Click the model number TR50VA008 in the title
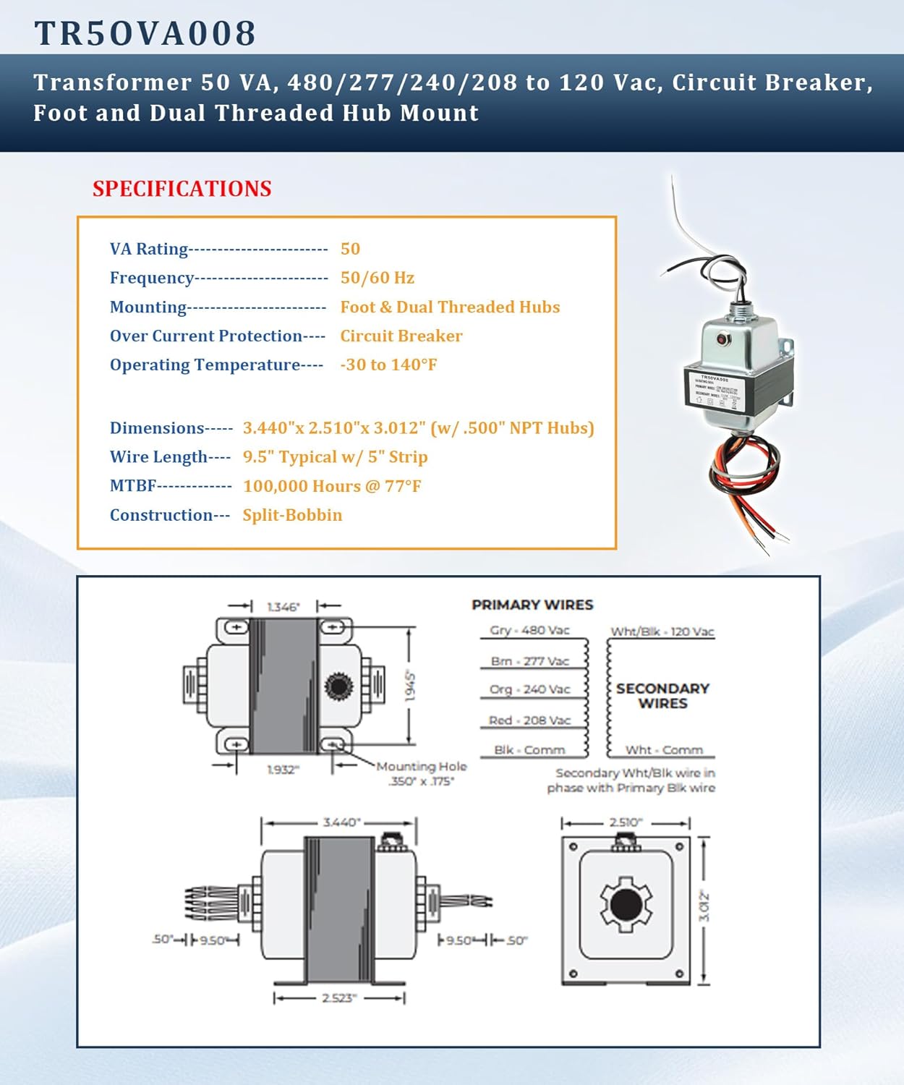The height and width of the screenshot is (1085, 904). [x=145, y=33]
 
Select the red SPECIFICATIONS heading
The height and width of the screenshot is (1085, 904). [x=182, y=189]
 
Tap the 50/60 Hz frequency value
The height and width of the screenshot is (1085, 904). [x=377, y=278]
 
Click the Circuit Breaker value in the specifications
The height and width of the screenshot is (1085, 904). [x=401, y=336]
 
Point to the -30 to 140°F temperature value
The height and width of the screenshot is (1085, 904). [x=388, y=365]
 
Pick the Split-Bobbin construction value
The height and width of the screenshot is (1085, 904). [x=292, y=515]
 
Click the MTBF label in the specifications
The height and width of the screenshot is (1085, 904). [x=133, y=486]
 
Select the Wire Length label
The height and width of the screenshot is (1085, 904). [x=158, y=457]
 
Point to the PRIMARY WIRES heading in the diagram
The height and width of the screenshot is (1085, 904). [x=532, y=605]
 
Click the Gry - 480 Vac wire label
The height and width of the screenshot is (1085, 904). [x=529, y=630]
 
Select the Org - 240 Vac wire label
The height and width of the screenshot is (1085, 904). [x=529, y=689]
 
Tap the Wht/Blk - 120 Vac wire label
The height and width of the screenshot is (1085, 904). [x=662, y=631]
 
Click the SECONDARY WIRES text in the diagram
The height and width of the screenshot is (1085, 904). [x=662, y=696]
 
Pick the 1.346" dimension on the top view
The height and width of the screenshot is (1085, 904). [x=283, y=607]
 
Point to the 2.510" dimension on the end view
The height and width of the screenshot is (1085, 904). [x=626, y=822]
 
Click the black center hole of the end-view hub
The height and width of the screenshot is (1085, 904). [x=626, y=904]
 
